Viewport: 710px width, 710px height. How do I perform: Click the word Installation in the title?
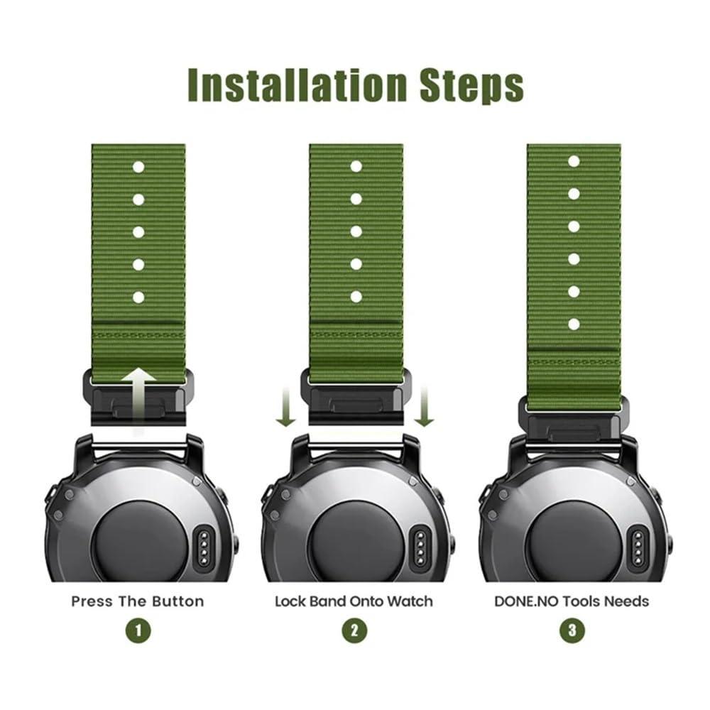coord(297,84)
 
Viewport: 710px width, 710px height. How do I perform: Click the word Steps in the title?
coord(472,86)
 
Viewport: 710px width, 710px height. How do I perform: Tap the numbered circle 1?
coord(138,630)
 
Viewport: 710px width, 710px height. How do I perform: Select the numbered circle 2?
coord(354,630)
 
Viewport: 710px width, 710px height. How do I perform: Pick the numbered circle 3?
coord(572,630)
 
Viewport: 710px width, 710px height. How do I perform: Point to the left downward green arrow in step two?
coord(285,406)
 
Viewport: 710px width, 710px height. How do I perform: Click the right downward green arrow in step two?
coord(425,406)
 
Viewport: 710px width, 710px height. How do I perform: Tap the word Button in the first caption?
coord(177,601)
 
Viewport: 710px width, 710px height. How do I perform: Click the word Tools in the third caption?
coord(582,601)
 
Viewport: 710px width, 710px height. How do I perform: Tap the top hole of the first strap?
coord(138,167)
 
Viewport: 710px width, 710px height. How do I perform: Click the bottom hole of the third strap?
coord(574,324)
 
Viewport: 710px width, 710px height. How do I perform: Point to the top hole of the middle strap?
coord(356,167)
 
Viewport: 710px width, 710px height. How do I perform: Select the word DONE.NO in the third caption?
coord(527,601)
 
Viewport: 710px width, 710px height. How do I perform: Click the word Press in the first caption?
coord(92,601)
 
